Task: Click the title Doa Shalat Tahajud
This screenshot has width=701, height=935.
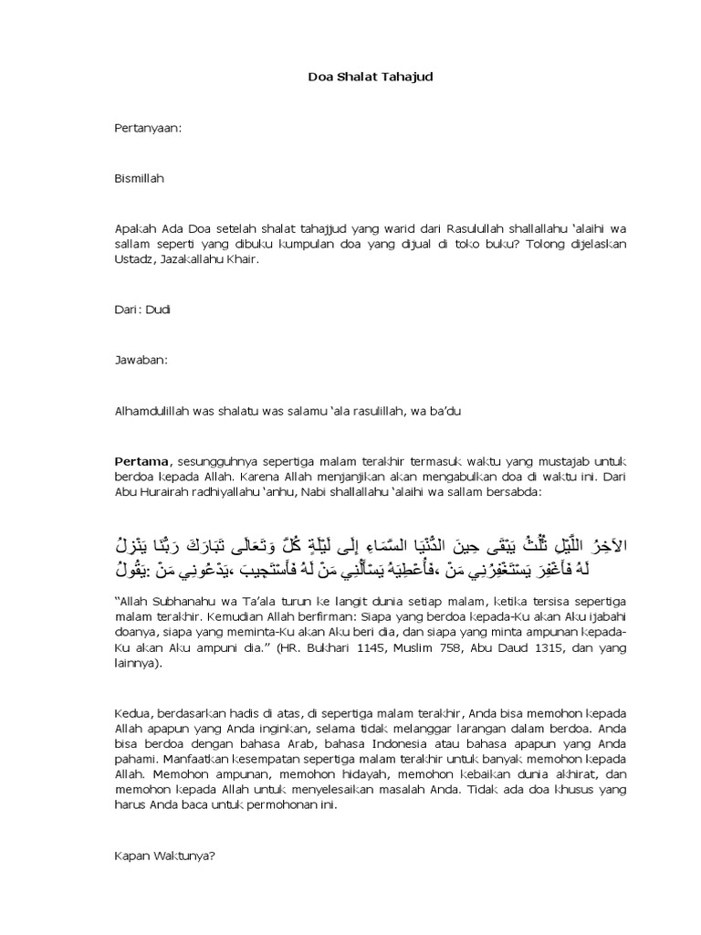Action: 369,78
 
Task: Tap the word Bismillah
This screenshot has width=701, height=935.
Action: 139,179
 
